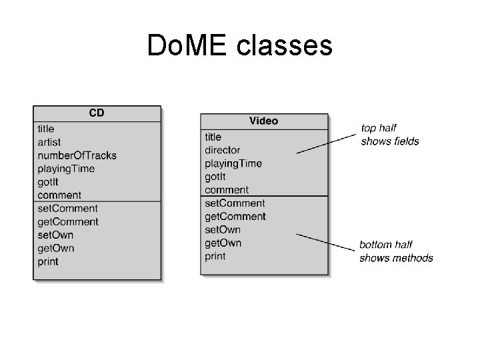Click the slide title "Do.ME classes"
[x=239, y=46]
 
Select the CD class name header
[x=97, y=113]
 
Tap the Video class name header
[x=263, y=121]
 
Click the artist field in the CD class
[x=49, y=142]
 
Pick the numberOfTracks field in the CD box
[x=77, y=155]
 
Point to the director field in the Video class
[x=222, y=150]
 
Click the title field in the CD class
[x=46, y=129]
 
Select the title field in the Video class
[x=213, y=137]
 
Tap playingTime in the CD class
[x=66, y=169]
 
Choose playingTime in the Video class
[x=233, y=163]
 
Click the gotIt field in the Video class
[x=215, y=177]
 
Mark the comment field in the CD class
[x=59, y=195]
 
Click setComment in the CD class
[x=67, y=209]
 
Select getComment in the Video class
[x=235, y=217]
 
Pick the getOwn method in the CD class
[x=55, y=249]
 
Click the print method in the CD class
[x=48, y=262]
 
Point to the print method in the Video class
[x=215, y=257]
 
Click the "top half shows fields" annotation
[x=390, y=134]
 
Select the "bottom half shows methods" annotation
[x=396, y=251]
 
